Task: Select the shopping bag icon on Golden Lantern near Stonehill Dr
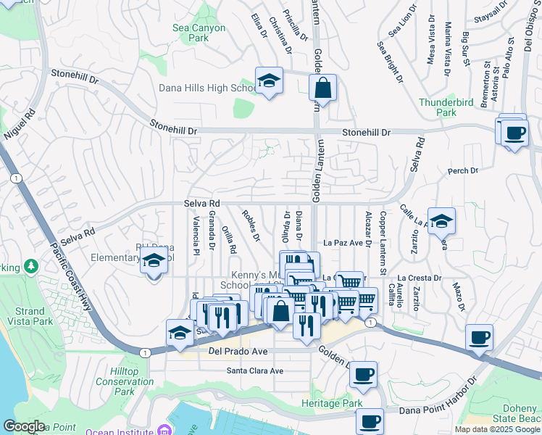(x=323, y=88)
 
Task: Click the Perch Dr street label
(x=463, y=171)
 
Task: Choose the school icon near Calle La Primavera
(x=441, y=221)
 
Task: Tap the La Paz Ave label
(x=343, y=242)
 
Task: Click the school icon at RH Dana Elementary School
(x=154, y=262)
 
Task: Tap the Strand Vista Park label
(x=33, y=315)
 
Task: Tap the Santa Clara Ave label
(x=254, y=370)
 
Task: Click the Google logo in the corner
(x=24, y=426)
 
